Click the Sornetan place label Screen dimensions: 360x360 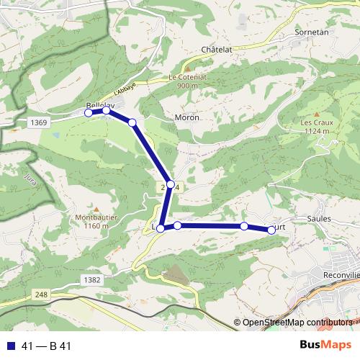[x=311, y=33]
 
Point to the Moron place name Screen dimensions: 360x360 [x=186, y=117]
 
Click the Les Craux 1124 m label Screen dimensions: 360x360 [x=315, y=127]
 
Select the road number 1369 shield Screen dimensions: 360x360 [x=40, y=123]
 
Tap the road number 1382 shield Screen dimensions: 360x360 [x=91, y=279]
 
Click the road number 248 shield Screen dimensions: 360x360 [x=40, y=294]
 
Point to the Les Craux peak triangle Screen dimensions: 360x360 [x=315, y=114]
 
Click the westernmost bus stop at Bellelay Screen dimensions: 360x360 [x=89, y=112]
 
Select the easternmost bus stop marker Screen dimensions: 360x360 [x=271, y=230]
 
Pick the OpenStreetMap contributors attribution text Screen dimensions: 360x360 [x=297, y=323]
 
